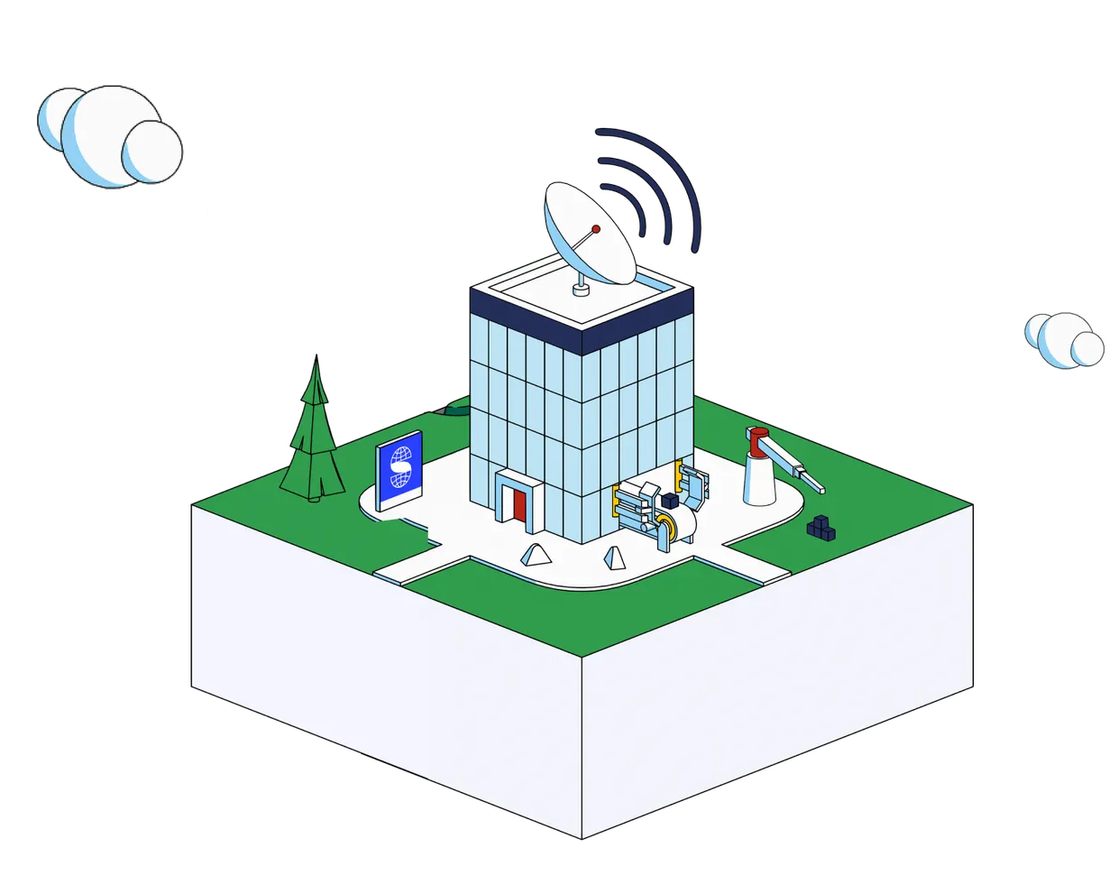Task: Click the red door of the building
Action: click(x=519, y=503)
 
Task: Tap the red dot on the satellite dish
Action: click(x=595, y=228)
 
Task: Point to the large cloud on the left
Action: click(x=109, y=137)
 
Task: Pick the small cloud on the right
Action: click(x=1065, y=339)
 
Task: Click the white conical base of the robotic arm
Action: click(x=760, y=483)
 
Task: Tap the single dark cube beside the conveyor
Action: click(x=670, y=501)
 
